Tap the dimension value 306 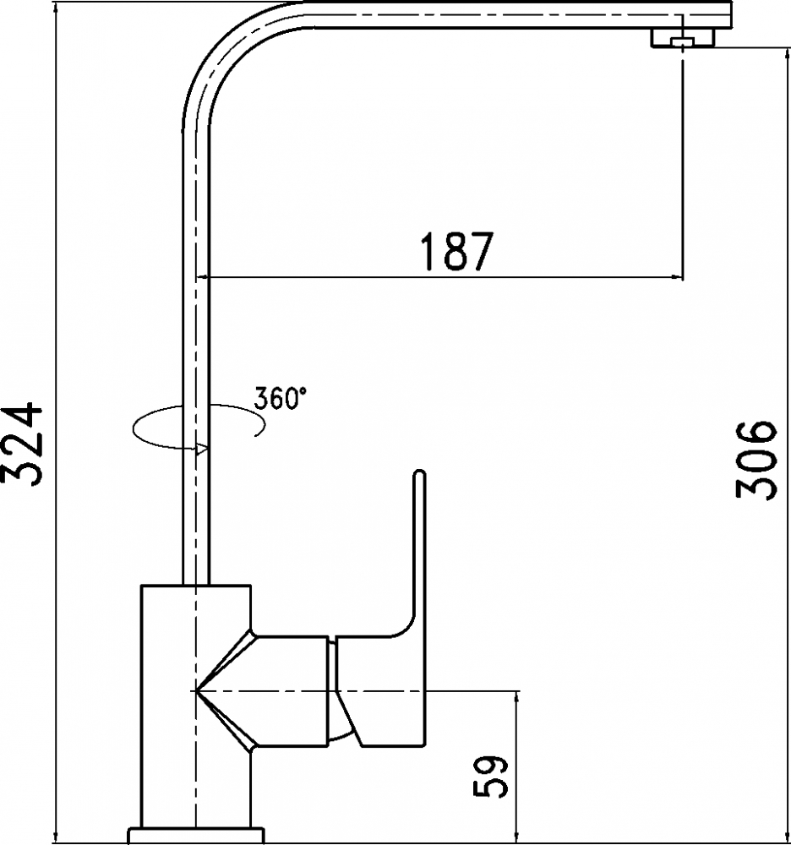click(x=756, y=461)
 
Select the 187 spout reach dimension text click(x=456, y=251)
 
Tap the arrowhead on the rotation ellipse click(x=201, y=449)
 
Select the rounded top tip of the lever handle click(x=420, y=475)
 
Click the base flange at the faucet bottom click(x=196, y=835)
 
